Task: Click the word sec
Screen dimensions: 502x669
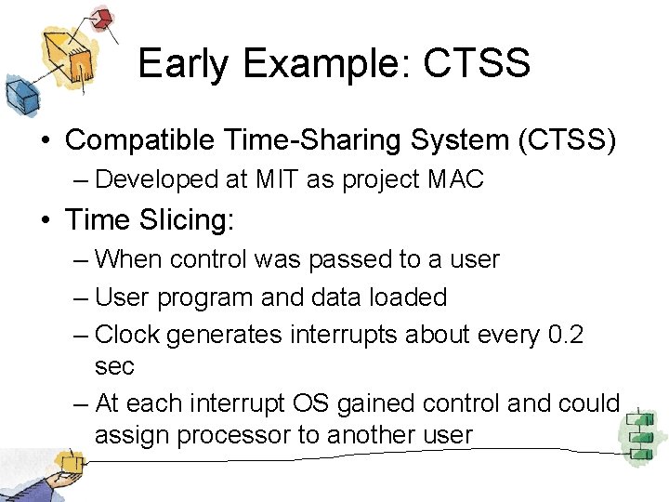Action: (114, 366)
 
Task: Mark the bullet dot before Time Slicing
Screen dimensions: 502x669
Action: (45, 220)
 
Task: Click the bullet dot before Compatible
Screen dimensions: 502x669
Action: (45, 140)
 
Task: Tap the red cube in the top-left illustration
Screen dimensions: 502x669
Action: (101, 18)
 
